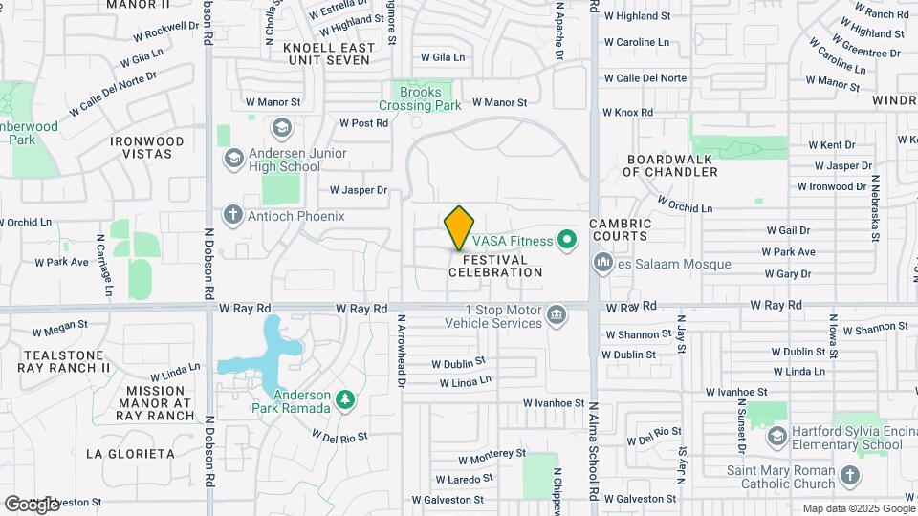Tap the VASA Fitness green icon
pyautogui.click(x=567, y=240)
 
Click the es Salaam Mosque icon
pyautogui.click(x=603, y=262)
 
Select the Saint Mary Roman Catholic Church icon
pyautogui.click(x=850, y=475)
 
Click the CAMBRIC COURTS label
pyautogui.click(x=620, y=230)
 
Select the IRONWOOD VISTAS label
pyautogui.click(x=146, y=147)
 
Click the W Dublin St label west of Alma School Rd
pyautogui.click(x=458, y=364)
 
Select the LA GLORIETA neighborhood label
pyautogui.click(x=129, y=453)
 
